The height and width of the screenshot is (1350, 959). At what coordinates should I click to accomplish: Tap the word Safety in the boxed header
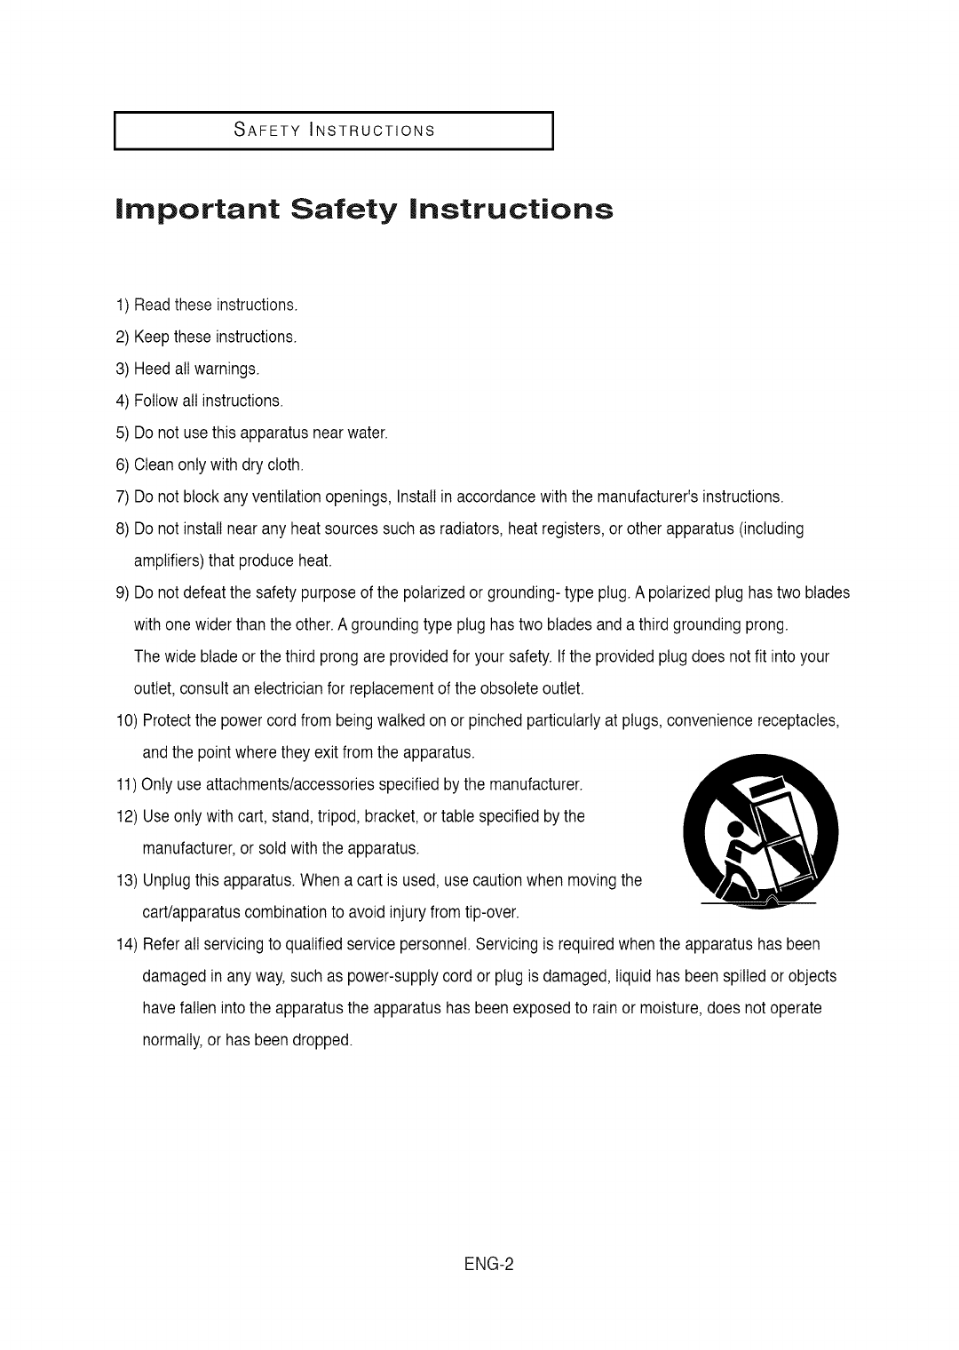pos(260,131)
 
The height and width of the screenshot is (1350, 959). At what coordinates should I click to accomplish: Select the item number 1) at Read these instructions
pos(123,306)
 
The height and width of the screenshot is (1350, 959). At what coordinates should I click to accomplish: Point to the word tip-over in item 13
pos(492,913)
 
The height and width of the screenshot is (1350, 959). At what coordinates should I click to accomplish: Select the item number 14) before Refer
pos(125,945)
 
